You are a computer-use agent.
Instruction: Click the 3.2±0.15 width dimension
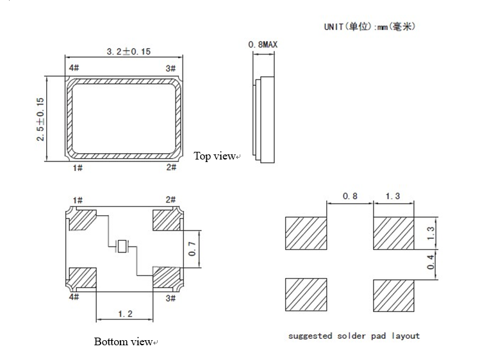click(x=128, y=51)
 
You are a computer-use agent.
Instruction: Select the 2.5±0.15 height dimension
click(x=40, y=119)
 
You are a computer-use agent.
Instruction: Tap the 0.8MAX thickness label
click(x=262, y=45)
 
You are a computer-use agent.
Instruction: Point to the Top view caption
click(x=216, y=156)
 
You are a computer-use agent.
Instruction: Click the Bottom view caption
click(x=124, y=341)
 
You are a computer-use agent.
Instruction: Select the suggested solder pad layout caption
click(x=354, y=336)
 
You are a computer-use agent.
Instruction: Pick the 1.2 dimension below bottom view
click(x=126, y=314)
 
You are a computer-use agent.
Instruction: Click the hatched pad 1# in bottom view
click(x=81, y=220)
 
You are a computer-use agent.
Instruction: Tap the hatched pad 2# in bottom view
click(x=167, y=220)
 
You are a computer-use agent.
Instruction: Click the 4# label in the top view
click(x=73, y=68)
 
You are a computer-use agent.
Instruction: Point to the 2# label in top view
click(x=171, y=167)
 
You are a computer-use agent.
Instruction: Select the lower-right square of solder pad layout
click(x=393, y=295)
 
